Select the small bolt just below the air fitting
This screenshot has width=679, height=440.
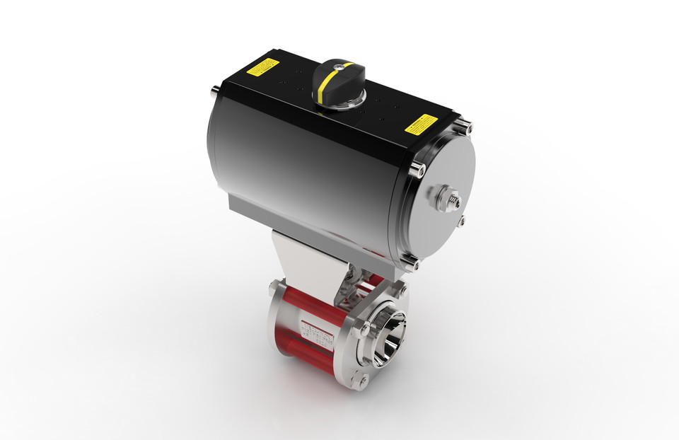pos(461,221)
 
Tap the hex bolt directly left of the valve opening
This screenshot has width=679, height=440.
pos(362,330)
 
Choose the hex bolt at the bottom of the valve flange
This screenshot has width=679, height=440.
pos(363,382)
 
